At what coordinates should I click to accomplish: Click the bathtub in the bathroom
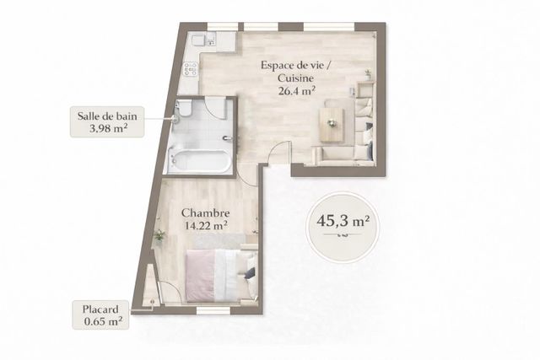coord(199,161)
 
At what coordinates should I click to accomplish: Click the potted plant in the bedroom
coord(159,235)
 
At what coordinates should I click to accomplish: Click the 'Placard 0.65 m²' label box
coord(101,314)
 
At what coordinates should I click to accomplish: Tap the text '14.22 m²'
coord(205,225)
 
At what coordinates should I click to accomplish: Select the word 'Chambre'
coord(205,212)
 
